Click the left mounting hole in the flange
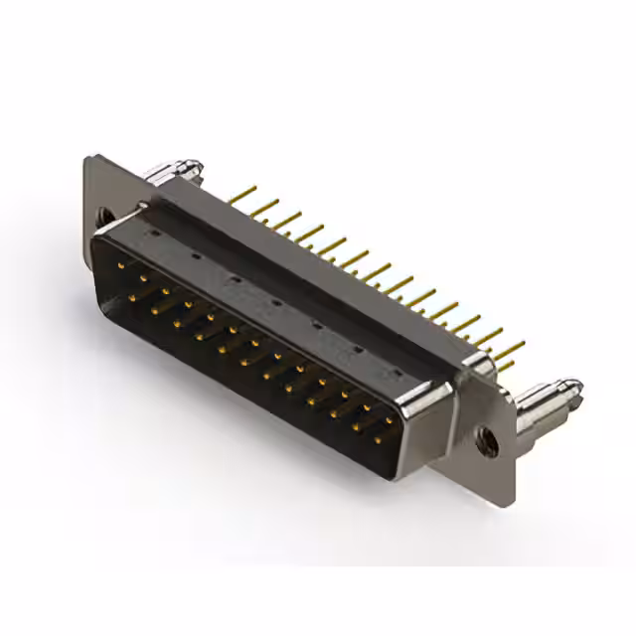pos(102,213)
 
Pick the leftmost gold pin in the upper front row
pos(120,265)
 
